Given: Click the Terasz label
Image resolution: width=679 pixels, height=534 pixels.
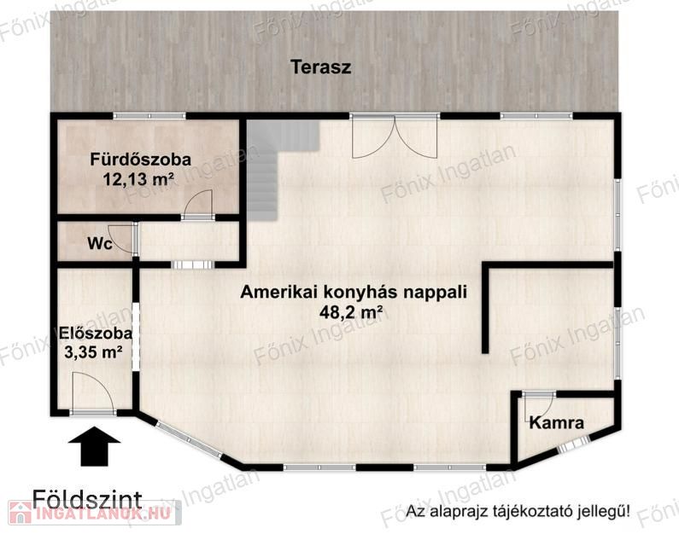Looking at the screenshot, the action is (320, 67).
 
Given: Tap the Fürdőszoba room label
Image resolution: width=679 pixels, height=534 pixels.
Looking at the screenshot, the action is (141, 160).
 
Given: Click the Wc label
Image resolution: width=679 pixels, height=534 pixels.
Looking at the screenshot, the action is (100, 244).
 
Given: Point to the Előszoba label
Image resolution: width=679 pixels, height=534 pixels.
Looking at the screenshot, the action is (96, 334).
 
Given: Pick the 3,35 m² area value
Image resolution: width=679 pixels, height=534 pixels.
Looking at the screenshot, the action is (93, 352).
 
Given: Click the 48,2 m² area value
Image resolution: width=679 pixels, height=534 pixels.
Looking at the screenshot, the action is (351, 311).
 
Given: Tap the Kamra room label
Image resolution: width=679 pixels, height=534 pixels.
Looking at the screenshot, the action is (557, 422).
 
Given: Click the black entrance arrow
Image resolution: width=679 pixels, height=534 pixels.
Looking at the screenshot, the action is (95, 446).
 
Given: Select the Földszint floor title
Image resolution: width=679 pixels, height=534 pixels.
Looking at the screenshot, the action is (87, 499).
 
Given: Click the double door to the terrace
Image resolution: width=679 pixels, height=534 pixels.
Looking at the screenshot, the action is (395, 136).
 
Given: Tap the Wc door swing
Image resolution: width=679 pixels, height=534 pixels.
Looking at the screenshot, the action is (122, 238).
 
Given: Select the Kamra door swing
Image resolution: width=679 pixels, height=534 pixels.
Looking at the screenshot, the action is (538, 406).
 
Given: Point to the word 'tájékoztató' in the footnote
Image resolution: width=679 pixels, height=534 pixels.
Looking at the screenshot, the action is (536, 512).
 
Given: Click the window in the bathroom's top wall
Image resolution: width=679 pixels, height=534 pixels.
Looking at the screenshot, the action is (149, 116).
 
